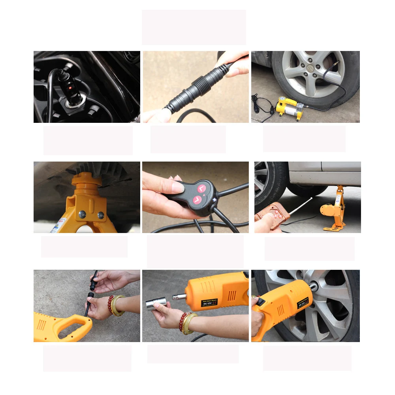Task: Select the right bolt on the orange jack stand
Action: coord(101,215)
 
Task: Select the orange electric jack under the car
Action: coord(334,209)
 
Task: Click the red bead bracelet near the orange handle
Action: coord(111,304)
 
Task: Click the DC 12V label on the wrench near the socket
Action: coord(209,303)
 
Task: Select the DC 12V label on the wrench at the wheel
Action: coord(303,305)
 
